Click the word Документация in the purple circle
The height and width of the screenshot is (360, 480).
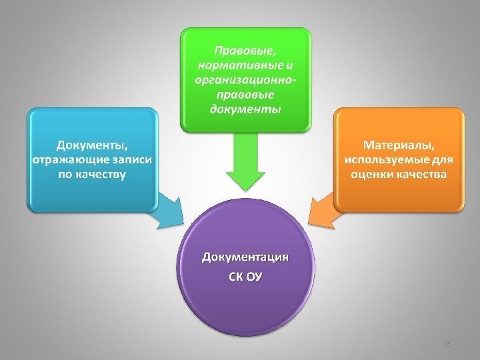point(246,258)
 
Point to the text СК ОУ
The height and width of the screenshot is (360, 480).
point(246,275)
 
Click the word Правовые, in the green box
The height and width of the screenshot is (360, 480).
point(246,50)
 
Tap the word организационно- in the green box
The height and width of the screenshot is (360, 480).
point(246,80)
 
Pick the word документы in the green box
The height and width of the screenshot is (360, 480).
point(246,109)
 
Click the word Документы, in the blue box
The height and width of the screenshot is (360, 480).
point(93,145)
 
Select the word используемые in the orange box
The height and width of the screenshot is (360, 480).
point(385,160)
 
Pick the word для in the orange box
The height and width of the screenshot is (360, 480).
point(441,160)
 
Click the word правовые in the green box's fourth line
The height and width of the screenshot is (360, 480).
point(246,95)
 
